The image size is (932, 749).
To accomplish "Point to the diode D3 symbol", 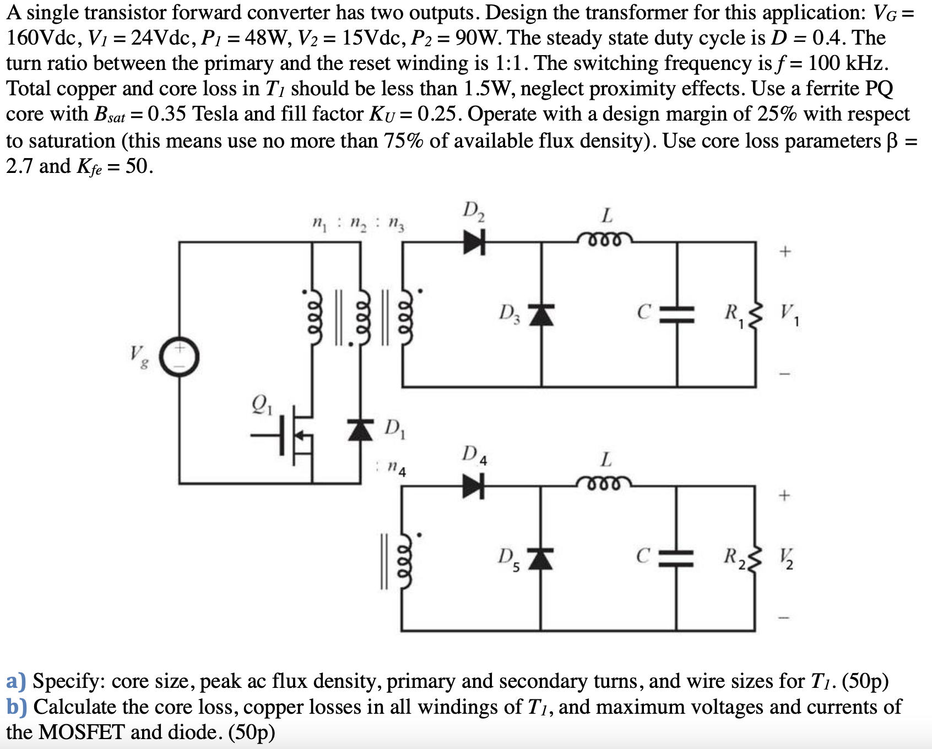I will pyautogui.click(x=541, y=314).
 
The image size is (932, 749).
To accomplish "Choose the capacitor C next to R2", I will pyautogui.click(x=677, y=557).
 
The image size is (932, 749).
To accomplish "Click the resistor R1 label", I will pyautogui.click(x=733, y=314).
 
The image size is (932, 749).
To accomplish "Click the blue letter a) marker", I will pyautogui.click(x=15, y=681).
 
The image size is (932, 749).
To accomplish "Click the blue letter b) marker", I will pyautogui.click(x=15, y=707).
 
